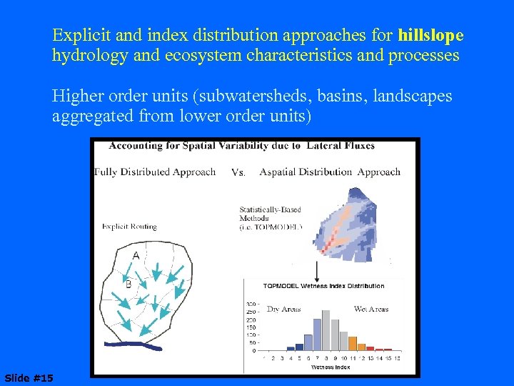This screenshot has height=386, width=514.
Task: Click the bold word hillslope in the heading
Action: (431, 35)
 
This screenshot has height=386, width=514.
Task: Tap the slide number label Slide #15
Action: (29, 377)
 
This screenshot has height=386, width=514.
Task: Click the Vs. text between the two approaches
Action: (239, 172)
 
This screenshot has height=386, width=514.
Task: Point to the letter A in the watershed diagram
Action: (136, 255)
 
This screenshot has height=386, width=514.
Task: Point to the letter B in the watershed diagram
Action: (128, 284)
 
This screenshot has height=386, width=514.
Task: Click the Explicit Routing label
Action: (129, 227)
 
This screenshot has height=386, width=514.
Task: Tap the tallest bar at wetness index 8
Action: (326, 330)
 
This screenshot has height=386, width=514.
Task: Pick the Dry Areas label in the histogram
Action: (283, 310)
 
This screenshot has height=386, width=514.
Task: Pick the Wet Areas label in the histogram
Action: (371, 310)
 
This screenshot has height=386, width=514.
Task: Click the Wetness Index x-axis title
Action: (330, 367)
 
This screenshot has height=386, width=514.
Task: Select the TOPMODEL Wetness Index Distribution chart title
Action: (323, 286)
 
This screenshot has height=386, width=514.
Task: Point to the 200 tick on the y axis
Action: (252, 320)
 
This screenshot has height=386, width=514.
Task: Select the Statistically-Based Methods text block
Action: (271, 218)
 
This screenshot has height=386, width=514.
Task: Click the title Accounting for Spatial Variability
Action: (241, 146)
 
